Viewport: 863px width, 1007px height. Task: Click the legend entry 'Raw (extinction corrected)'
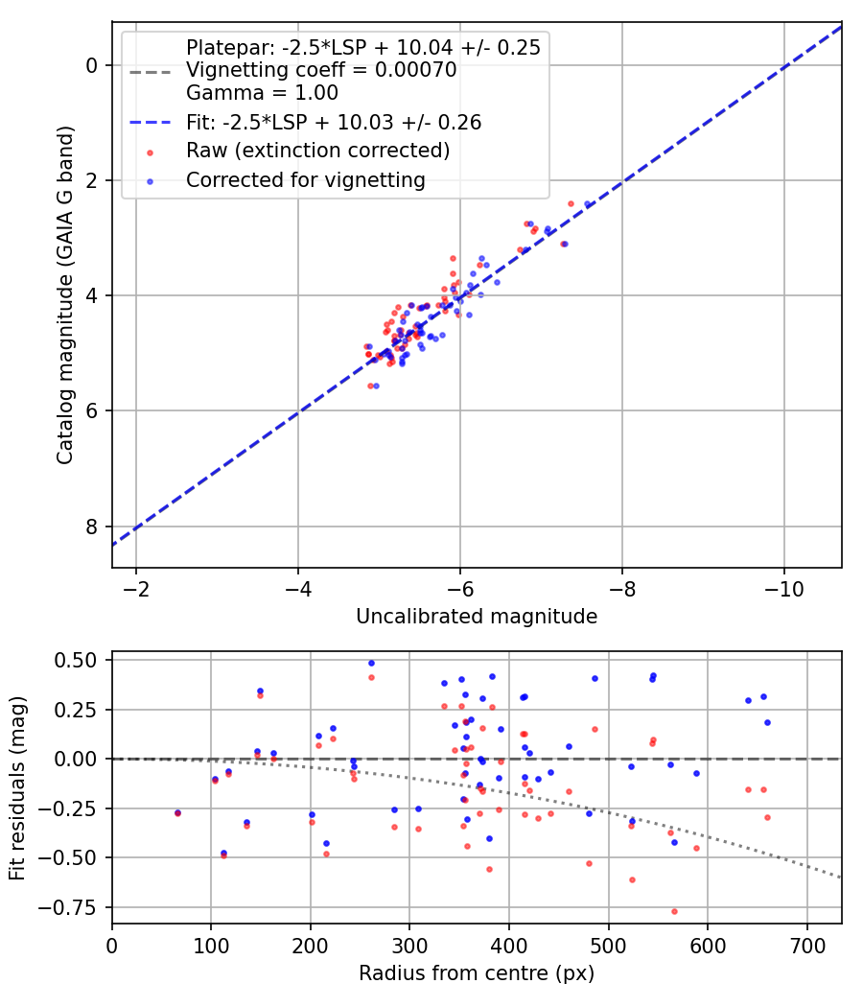(317, 151)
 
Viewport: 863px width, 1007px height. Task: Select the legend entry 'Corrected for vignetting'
(305, 179)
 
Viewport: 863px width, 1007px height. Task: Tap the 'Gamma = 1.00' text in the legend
(262, 93)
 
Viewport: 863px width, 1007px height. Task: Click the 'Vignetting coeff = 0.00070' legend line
(321, 70)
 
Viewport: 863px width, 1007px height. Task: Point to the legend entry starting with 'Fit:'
(333, 122)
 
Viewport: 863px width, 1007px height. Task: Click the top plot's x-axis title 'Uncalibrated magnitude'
(477, 617)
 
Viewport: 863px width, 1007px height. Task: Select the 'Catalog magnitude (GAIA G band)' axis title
(64, 297)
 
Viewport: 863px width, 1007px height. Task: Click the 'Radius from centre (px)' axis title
(477, 973)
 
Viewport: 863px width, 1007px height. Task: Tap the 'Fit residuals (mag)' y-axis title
(18, 788)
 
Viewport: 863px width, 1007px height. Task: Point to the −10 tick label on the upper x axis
(784, 586)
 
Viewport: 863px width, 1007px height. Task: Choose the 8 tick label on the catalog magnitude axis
(92, 527)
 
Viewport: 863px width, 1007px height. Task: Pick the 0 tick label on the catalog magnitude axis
(92, 65)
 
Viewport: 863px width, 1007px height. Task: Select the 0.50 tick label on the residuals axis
(76, 660)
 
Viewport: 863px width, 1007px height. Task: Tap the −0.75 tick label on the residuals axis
(72, 906)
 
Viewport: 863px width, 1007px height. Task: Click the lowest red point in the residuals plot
(674, 911)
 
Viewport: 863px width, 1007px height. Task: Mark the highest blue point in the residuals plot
(371, 663)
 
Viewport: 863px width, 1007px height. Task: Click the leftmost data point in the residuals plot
(176, 812)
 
